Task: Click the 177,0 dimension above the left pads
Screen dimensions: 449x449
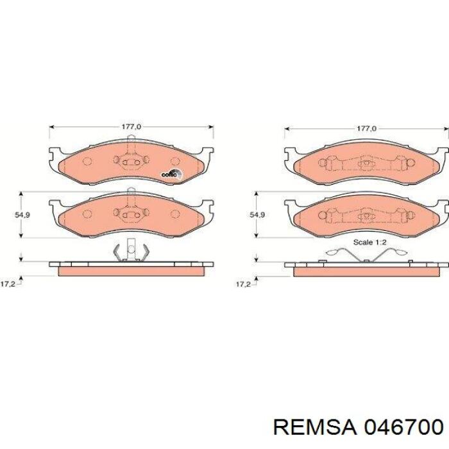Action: [131, 128]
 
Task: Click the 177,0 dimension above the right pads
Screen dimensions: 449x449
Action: [366, 128]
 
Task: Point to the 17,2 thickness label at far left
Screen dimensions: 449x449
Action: [8, 283]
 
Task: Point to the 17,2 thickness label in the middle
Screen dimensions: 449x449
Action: [243, 283]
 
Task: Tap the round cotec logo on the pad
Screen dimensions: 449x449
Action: [170, 173]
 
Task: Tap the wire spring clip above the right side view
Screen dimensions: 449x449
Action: [366, 255]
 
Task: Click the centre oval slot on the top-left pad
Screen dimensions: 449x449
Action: [131, 163]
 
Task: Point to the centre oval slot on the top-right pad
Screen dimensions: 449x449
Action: [366, 164]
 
